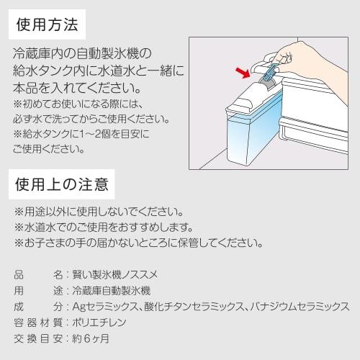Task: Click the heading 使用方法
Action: point(46,24)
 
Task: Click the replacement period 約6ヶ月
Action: point(90,338)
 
